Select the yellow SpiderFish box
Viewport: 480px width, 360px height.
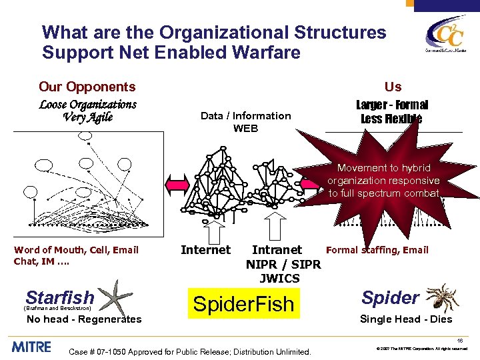(x=243, y=304)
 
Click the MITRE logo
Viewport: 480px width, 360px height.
(x=32, y=347)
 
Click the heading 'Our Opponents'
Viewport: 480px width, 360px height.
(x=87, y=87)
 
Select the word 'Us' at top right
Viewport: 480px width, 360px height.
(x=393, y=87)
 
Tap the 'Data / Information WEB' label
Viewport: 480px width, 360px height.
(x=245, y=121)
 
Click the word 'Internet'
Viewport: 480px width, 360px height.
(x=205, y=250)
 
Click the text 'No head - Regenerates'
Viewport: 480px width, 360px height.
(x=84, y=319)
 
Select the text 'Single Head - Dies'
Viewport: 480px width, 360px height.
(x=406, y=319)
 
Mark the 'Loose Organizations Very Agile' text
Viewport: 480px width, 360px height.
(x=88, y=111)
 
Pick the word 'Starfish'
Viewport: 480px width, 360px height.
(x=60, y=297)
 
